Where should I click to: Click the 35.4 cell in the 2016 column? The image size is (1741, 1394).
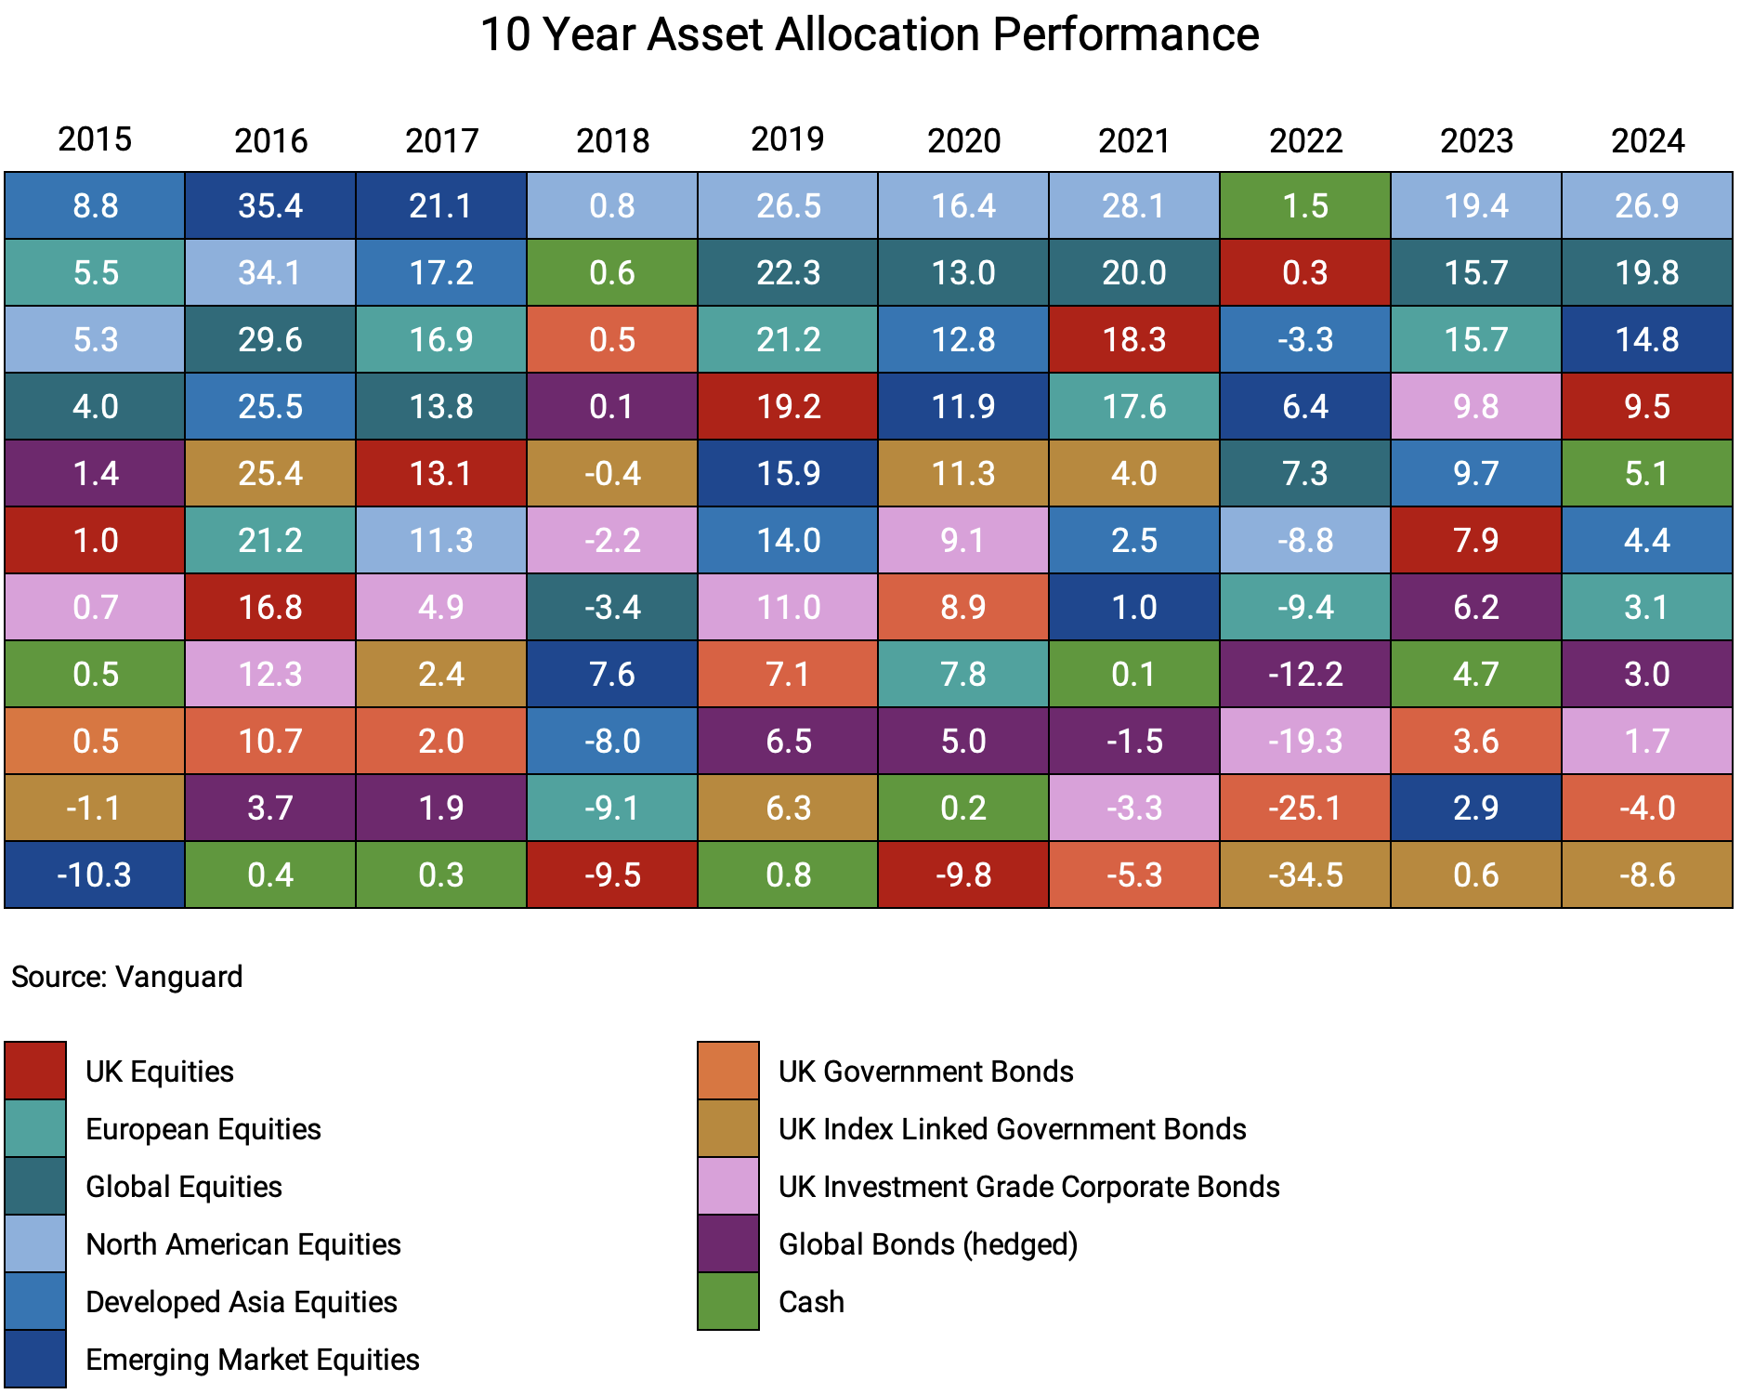270,205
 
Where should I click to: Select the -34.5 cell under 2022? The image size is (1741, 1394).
1305,875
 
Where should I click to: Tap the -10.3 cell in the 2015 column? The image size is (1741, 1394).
95,875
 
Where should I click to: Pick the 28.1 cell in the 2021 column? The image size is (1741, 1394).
1134,205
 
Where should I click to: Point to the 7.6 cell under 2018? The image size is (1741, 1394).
612,674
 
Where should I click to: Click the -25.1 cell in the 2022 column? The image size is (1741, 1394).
1305,808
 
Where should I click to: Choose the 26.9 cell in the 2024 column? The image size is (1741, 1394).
1647,205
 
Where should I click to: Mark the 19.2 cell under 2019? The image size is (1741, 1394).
788,406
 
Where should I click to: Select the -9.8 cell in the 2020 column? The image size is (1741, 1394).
963,875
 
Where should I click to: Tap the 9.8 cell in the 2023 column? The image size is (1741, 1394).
1476,406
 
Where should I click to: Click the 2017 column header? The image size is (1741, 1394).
441,140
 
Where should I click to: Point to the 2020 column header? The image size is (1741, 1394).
963,140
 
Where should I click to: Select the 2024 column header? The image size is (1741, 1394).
1647,140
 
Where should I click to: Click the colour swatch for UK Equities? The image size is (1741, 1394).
35,1071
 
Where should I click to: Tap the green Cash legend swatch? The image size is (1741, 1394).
728,1301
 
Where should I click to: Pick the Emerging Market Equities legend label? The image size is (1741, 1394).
252,1360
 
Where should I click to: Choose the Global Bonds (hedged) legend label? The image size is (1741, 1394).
927,1244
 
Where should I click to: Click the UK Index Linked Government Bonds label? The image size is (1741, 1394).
1012,1129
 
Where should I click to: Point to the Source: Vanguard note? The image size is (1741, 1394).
126,977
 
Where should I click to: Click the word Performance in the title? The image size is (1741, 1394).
1125,34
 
